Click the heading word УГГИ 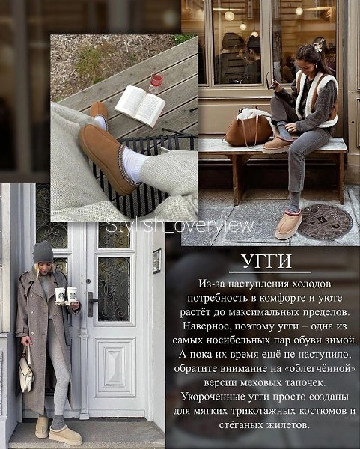pyautogui.click(x=266, y=261)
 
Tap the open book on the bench pyautogui.click(x=140, y=105)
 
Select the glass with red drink pyautogui.click(x=156, y=82)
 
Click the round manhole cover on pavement pyautogui.click(x=325, y=222)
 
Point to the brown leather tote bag pyautogui.click(x=248, y=128)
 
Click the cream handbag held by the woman pyautogui.click(x=26, y=371)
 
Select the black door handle pyautogui.click(x=91, y=304)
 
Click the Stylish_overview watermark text pyautogui.click(x=180, y=226)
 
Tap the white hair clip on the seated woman pyautogui.click(x=318, y=46)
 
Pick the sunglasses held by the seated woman pyautogui.click(x=271, y=82)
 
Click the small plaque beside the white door pyautogui.click(x=157, y=261)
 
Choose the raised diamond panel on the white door pyautogui.click(x=115, y=367)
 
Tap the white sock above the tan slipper pyautogui.click(x=132, y=166)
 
